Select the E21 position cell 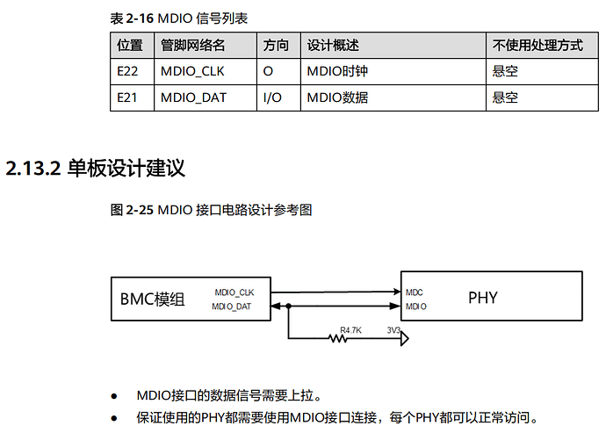[x=127, y=97]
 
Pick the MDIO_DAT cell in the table [x=193, y=97]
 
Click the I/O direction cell [x=272, y=97]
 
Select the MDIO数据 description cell [x=337, y=97]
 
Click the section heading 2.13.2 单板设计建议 [x=96, y=168]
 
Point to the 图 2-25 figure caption [x=212, y=210]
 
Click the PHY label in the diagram [x=482, y=298]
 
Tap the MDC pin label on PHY [x=415, y=291]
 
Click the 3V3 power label [x=394, y=331]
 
